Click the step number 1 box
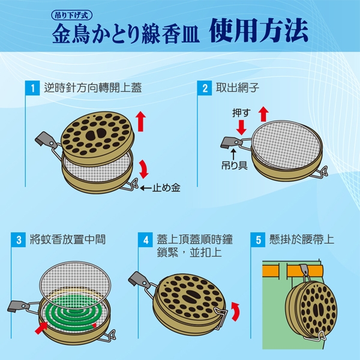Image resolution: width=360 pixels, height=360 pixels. click(x=32, y=88)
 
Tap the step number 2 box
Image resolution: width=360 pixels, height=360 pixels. click(x=205, y=88)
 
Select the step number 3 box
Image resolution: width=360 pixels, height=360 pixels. click(x=19, y=239)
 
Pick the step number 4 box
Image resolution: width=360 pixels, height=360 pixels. click(x=146, y=239)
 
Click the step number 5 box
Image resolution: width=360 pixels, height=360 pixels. click(x=258, y=239)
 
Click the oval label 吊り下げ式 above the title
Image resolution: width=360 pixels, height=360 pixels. click(x=71, y=15)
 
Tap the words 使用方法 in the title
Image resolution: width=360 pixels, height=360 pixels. click(x=259, y=31)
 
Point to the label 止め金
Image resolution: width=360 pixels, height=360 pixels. click(x=166, y=188)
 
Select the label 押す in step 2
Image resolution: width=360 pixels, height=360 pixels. click(x=241, y=113)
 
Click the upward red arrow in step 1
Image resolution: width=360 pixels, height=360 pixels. click(x=140, y=121)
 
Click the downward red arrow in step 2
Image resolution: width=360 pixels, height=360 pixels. click(x=241, y=127)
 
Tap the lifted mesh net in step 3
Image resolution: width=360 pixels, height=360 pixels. click(x=75, y=282)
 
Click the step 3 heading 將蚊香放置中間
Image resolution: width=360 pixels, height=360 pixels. click(x=68, y=239)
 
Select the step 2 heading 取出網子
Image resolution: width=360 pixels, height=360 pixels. click(x=238, y=88)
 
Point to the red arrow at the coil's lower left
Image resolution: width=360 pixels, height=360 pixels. click(x=41, y=328)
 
